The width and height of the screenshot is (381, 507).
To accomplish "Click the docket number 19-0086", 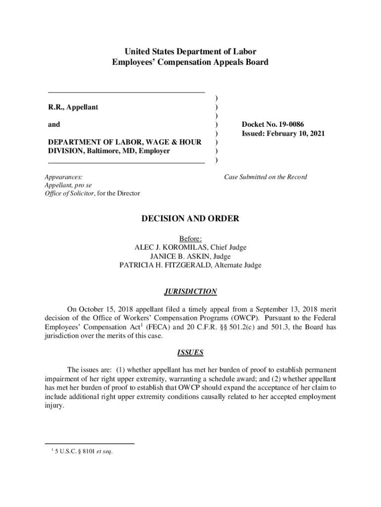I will pyautogui.click(x=290, y=124).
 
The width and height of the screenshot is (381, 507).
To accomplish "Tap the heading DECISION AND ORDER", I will pyautogui.click(x=190, y=218).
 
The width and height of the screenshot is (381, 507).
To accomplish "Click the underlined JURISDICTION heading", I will pyautogui.click(x=190, y=292).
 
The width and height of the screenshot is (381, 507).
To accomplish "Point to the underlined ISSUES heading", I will pyautogui.click(x=190, y=353).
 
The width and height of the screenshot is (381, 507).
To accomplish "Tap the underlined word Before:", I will pyautogui.click(x=190, y=238).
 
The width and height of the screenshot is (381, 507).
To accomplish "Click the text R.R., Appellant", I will pyautogui.click(x=73, y=107).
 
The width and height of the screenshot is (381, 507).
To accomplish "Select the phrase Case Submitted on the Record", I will pyautogui.click(x=265, y=177).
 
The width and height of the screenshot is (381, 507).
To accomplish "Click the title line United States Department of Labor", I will pyautogui.click(x=190, y=51).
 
